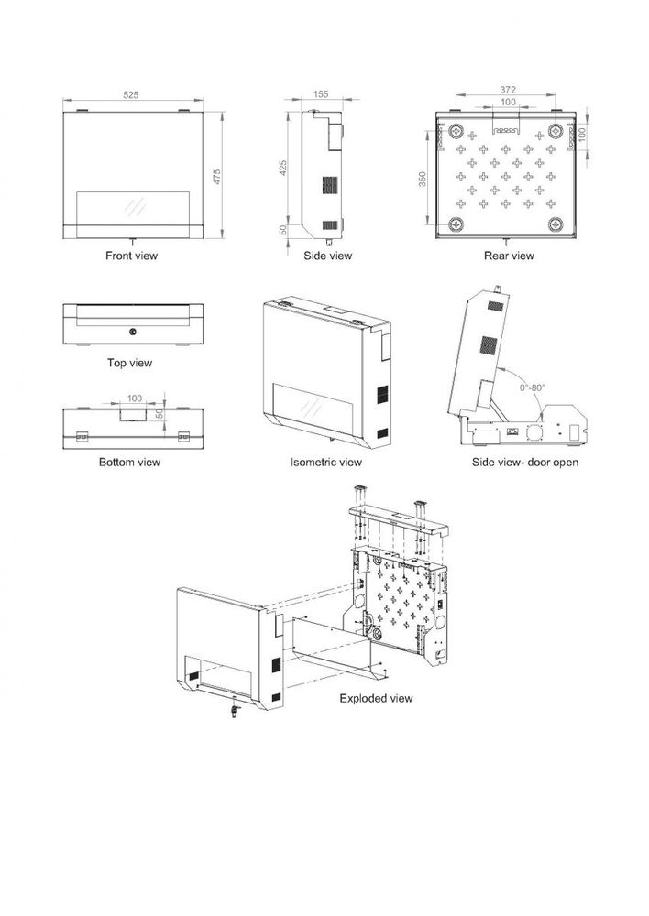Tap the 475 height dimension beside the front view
pos(216,175)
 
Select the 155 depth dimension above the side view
pos(321,95)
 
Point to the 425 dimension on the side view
pos(284,169)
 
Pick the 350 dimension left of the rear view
pos(423,179)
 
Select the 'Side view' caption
pos(327,256)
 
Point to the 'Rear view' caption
pos(509,256)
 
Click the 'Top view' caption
pos(129,364)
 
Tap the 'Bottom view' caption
pos(129,463)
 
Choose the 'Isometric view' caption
pos(326,463)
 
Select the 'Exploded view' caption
pos(376,698)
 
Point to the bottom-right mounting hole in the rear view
pos(555,224)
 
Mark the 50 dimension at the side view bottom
pos(284,230)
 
